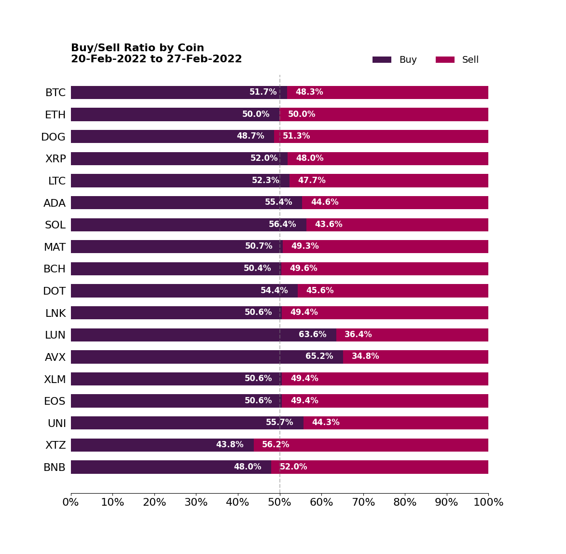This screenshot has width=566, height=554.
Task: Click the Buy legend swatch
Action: (x=382, y=60)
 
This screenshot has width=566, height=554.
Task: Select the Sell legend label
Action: (x=470, y=60)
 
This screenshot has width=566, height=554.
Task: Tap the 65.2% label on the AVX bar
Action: (x=319, y=356)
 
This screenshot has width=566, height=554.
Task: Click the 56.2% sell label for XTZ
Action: (x=276, y=445)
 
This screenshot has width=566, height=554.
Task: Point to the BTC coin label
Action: (x=55, y=93)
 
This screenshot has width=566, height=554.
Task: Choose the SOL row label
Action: (x=55, y=225)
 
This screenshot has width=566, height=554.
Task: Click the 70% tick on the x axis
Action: (x=363, y=502)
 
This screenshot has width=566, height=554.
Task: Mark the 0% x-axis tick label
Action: (x=71, y=502)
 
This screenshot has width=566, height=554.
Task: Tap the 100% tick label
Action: (x=488, y=502)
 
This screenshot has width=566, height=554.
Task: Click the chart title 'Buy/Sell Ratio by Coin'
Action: (x=138, y=48)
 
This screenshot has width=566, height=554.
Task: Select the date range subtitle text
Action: (x=156, y=59)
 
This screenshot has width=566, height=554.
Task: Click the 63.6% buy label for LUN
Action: (x=312, y=335)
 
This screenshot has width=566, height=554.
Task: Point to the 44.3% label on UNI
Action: (x=326, y=423)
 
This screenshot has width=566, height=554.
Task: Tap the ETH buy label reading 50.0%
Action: (x=256, y=114)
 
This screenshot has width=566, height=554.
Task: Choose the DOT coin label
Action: (x=55, y=291)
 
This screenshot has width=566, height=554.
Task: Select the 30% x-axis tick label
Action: (x=196, y=502)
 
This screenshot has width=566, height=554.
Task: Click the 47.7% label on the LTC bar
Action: (x=312, y=181)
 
